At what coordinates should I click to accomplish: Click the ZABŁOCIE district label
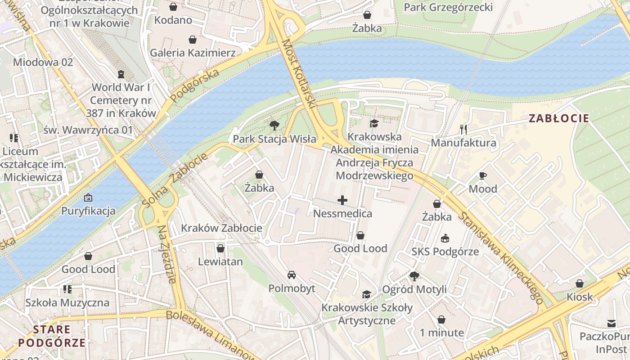[x=558, y=118]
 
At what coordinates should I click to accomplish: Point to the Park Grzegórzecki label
[x=448, y=7]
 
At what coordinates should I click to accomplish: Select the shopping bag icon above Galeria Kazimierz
[x=192, y=40]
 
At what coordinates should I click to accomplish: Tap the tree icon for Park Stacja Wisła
[x=274, y=125]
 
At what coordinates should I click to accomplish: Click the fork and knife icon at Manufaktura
[x=463, y=130]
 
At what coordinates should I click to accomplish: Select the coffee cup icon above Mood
[x=483, y=175]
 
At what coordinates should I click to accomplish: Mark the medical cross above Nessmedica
[x=342, y=200]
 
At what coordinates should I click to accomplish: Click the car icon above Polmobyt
[x=292, y=275]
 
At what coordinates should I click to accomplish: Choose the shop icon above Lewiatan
[x=220, y=248]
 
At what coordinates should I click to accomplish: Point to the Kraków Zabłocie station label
[x=221, y=228]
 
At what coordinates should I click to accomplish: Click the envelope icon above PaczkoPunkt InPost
[x=611, y=323]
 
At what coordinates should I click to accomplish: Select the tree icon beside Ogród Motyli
[x=414, y=276]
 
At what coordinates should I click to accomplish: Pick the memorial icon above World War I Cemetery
[x=121, y=74]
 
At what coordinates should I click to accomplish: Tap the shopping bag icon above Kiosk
[x=580, y=283]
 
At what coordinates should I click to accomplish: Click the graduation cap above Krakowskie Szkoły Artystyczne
[x=367, y=294]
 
